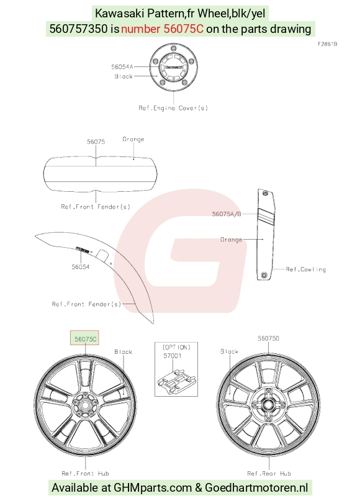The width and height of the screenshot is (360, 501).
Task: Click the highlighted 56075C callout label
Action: point(84,338)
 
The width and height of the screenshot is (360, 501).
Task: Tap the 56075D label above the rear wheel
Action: point(268,338)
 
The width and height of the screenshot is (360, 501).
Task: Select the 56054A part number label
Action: point(122,67)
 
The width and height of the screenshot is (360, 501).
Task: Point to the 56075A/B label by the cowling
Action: point(227,214)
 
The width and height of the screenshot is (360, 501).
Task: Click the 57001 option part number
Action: point(172,356)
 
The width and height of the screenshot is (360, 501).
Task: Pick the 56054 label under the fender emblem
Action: point(81,267)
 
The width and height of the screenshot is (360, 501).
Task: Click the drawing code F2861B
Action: point(327,44)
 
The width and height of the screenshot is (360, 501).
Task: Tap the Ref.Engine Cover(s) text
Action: point(173,108)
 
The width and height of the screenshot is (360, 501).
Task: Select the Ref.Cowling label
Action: point(306,269)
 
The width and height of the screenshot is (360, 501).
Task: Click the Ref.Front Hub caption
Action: point(85,473)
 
